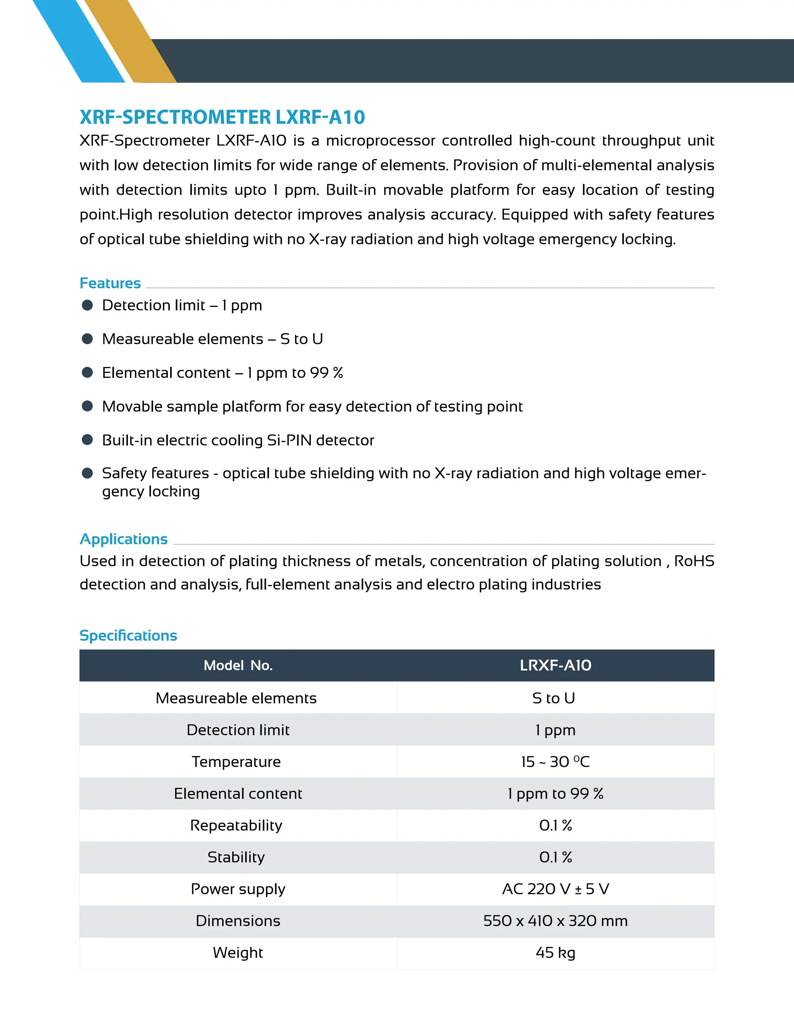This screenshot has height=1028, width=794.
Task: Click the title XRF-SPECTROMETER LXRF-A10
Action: click(x=222, y=117)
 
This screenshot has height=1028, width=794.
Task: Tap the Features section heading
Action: click(x=110, y=283)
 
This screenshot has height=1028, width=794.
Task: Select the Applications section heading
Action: click(x=124, y=539)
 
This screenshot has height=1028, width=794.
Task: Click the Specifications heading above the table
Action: click(x=128, y=635)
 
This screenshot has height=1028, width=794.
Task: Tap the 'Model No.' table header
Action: click(x=238, y=665)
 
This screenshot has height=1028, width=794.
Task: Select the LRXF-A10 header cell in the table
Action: click(x=556, y=665)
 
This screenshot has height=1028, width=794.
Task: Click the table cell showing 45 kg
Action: click(x=556, y=953)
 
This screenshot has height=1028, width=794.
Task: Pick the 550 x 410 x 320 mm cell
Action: click(x=556, y=921)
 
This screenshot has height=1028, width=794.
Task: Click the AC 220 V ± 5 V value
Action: click(x=556, y=889)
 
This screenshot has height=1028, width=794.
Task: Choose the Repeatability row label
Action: click(x=236, y=825)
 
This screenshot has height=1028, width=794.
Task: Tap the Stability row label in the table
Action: click(x=236, y=857)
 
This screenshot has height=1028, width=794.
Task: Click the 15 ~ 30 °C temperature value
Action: click(x=556, y=761)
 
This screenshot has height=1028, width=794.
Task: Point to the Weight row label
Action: click(x=238, y=953)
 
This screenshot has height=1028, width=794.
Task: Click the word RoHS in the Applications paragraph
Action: click(x=694, y=561)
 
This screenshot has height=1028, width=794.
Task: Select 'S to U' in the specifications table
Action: click(x=554, y=698)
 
